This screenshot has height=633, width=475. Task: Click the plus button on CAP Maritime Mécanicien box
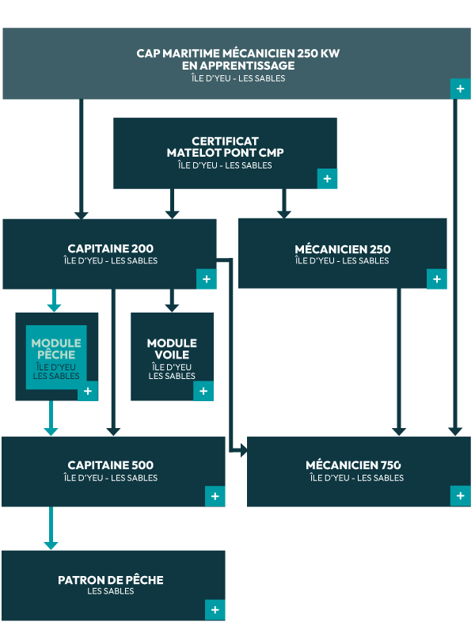tap(460, 89)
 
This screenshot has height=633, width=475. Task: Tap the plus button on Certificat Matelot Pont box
tap(327, 179)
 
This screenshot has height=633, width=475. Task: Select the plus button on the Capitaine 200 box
tap(206, 279)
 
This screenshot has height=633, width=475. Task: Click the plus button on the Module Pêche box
tap(87, 391)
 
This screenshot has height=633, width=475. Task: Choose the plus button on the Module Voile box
tap(203, 391)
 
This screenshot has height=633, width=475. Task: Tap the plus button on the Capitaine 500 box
tap(215, 496)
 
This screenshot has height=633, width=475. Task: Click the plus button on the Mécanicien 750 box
tap(460, 496)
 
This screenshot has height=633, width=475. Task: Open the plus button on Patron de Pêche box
tap(215, 609)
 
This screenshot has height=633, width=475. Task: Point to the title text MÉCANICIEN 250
tap(342, 249)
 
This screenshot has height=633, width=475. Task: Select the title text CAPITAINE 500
tap(110, 465)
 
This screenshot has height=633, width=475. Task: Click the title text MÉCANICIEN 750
tap(353, 465)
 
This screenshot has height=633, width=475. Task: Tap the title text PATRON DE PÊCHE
tap(110, 580)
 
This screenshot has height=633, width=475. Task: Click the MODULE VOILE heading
tap(172, 349)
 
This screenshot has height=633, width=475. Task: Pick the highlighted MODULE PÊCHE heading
tap(56, 349)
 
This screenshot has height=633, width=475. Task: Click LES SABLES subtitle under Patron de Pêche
tap(110, 592)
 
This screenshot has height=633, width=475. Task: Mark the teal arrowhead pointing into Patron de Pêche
tap(51, 544)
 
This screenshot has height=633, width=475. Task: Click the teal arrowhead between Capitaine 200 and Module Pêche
tap(54, 306)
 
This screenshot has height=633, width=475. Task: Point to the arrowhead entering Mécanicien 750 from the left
tap(243, 450)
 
